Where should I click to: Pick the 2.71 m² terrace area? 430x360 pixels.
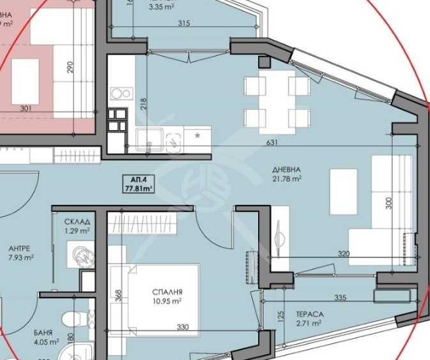308,324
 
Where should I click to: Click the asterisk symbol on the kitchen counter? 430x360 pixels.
197,136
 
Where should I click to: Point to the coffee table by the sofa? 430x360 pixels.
343,192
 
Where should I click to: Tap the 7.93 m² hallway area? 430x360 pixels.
20,258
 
